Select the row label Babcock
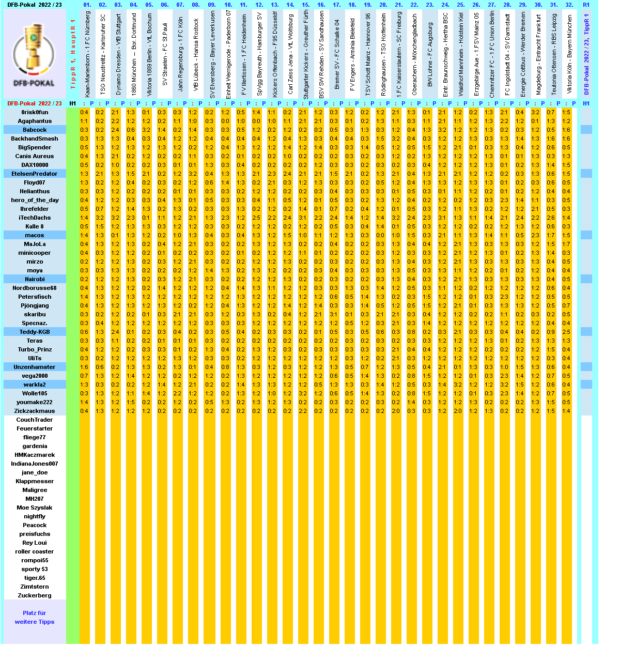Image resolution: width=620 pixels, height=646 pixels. [35, 130]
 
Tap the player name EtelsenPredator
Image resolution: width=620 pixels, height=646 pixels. [35, 174]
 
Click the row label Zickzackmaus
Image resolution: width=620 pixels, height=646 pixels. [35, 411]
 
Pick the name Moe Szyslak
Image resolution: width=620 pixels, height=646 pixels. [35, 507]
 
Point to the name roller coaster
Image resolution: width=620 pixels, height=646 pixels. [35, 551]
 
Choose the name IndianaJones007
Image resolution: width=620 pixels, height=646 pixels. [35, 464]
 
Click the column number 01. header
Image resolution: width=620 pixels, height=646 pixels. [87, 5]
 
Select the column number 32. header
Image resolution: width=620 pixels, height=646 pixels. [569, 5]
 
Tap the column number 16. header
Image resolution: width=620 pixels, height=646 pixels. [321, 5]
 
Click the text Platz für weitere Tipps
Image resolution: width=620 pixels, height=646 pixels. [35, 618]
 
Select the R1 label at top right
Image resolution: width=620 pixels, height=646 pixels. [586, 5]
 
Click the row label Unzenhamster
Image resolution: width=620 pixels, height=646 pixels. [35, 367]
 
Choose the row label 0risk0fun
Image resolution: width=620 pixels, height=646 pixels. [35, 112]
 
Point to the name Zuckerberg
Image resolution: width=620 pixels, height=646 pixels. [35, 595]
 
